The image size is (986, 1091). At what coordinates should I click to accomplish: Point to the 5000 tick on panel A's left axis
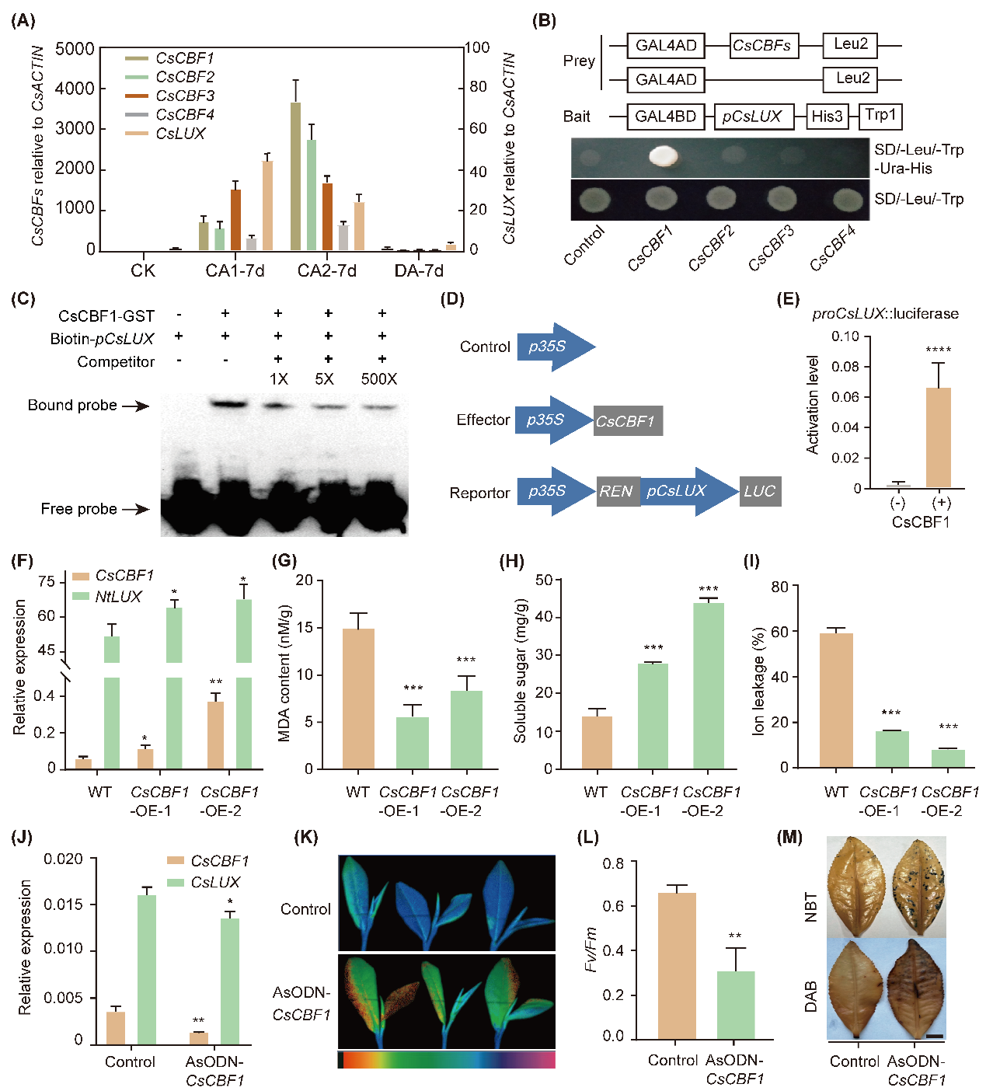point(75,49)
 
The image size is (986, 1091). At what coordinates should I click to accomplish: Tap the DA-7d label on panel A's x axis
point(419,270)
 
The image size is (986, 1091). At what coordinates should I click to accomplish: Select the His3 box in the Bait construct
point(827,117)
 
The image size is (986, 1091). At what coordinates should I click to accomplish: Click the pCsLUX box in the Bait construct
point(752,117)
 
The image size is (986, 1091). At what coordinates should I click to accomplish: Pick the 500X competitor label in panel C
point(379,379)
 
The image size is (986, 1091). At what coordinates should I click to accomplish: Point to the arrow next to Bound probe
point(135,406)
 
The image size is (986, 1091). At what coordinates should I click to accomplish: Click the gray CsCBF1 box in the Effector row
point(627,420)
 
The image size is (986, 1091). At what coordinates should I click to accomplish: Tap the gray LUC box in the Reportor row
point(759,491)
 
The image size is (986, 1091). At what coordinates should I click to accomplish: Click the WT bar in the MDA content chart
point(357,698)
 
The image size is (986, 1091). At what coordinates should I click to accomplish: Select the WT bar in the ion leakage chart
point(835,700)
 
